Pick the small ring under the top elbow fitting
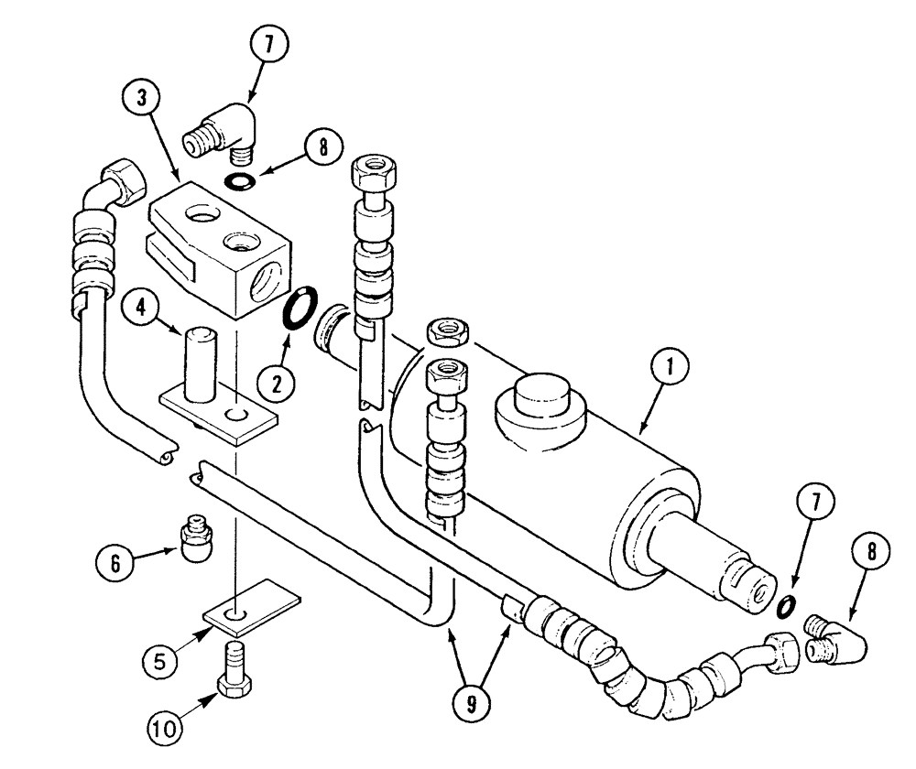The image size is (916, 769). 241,180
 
